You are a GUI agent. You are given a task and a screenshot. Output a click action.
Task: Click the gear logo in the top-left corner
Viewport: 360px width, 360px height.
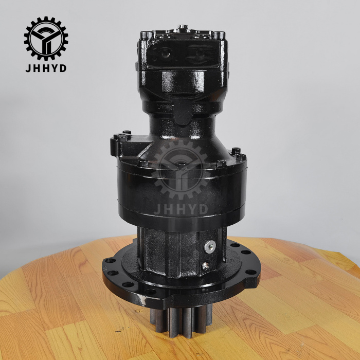46,39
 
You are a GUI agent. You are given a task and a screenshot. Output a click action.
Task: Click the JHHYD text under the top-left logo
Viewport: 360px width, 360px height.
46,68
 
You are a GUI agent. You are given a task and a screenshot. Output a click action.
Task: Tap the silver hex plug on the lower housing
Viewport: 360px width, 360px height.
210,247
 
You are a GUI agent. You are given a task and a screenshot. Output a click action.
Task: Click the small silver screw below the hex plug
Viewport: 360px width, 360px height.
205,266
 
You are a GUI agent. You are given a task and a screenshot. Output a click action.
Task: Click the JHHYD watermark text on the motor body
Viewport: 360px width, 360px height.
181,209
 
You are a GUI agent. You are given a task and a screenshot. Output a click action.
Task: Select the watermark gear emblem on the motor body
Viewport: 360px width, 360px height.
181,170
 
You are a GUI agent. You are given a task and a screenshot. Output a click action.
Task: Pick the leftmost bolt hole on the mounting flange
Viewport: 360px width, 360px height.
110,261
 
